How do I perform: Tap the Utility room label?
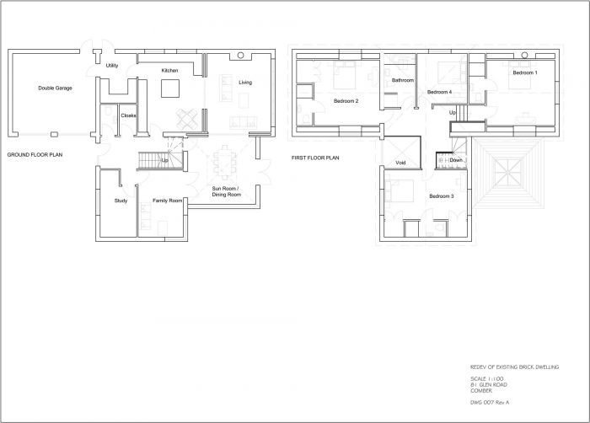pyautogui.click(x=111, y=65)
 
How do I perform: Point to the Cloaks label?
pyautogui.click(x=128, y=115)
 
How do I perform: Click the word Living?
pyautogui.click(x=245, y=83)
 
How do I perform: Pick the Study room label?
pyautogui.click(x=121, y=200)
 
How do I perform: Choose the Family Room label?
pyautogui.click(x=167, y=201)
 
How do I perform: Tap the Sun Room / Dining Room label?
pyautogui.click(x=226, y=191)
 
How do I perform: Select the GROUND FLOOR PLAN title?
pyautogui.click(x=35, y=156)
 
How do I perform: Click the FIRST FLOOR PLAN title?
pyautogui.click(x=315, y=157)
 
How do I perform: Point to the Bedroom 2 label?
pyautogui.click(x=346, y=101)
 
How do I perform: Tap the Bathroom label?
pyautogui.click(x=403, y=80)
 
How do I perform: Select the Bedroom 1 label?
pyautogui.click(x=524, y=73)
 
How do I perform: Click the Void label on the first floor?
pyautogui.click(x=401, y=162)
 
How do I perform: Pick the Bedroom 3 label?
pyautogui.click(x=441, y=196)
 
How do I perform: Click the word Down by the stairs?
pyautogui.click(x=455, y=159)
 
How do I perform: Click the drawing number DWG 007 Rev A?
pyautogui.click(x=492, y=404)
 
